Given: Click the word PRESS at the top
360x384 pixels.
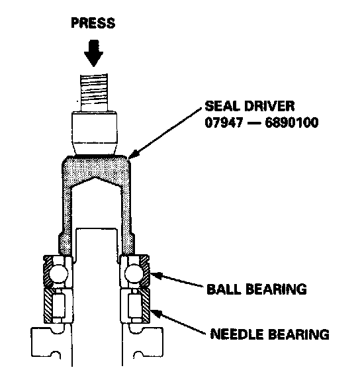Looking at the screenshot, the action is tap(93, 23).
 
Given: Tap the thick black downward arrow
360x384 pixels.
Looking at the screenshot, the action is tap(93, 53).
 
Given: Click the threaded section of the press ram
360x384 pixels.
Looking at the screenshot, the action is tap(94, 92).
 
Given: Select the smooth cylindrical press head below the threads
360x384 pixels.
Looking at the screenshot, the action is tap(94, 133).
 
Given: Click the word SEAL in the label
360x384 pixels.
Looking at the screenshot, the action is tap(222, 106).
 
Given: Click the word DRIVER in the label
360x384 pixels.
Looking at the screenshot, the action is tap(269, 106).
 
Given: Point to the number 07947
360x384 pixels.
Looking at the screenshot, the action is tap(224, 122).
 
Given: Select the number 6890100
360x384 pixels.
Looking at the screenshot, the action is tap(292, 122).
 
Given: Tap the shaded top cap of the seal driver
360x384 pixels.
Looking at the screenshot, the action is tap(96, 169).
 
